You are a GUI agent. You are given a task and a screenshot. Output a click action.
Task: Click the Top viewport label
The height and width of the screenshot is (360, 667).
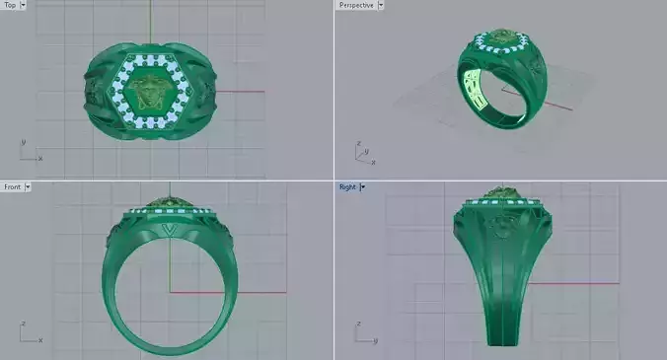click(x=10, y=5)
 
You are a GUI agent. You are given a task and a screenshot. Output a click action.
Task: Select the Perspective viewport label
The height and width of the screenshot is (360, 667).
click(x=355, y=5)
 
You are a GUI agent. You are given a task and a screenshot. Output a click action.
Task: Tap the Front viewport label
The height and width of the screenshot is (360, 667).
click(x=12, y=186)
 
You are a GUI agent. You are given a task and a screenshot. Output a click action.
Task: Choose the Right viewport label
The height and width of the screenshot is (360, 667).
click(x=347, y=186)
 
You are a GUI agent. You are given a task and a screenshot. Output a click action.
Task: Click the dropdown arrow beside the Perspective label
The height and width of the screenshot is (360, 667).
click(x=381, y=5)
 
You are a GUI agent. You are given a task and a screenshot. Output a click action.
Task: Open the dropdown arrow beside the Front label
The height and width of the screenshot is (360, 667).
click(x=28, y=186)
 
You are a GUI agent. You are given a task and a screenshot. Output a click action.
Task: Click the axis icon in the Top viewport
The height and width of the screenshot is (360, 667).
click(x=29, y=150)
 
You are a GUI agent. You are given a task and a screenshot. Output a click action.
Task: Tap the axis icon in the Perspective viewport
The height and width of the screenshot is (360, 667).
click(x=362, y=151)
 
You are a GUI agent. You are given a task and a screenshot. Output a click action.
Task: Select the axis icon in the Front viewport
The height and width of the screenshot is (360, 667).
click(x=29, y=332)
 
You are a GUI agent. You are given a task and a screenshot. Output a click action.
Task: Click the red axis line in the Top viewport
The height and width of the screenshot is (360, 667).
click(x=242, y=92)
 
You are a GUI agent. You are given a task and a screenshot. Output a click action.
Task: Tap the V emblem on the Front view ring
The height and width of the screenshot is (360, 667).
click(x=169, y=230)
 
